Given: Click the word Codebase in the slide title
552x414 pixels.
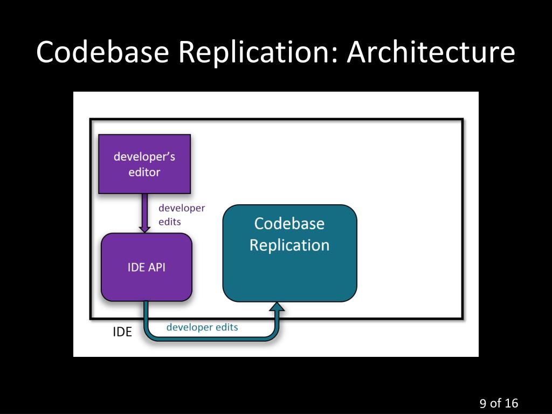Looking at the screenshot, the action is click(102, 52).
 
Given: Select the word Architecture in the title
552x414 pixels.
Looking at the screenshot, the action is click(431, 52).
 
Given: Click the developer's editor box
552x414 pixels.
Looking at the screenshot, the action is click(144, 164).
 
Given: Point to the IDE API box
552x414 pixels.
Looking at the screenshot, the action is click(147, 267).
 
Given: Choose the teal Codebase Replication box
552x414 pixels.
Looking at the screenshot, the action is click(289, 253).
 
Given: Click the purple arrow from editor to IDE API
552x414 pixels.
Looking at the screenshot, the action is click(144, 213).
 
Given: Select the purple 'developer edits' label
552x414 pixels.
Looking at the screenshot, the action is click(182, 215).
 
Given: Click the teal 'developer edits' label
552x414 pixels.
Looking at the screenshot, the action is click(202, 327).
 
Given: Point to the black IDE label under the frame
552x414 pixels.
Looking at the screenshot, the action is click(122, 332).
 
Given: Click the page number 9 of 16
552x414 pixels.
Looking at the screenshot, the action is click(499, 403).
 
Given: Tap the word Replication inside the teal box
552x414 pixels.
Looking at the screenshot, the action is click(289, 245).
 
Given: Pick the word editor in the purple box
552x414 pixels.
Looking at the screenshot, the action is click(144, 172).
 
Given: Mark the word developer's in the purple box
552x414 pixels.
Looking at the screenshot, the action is click(144, 157).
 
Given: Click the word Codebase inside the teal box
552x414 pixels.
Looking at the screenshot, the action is click(289, 224).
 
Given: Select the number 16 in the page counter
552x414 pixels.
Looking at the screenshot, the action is click(511, 403).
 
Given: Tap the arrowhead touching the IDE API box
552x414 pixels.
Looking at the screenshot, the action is click(144, 229).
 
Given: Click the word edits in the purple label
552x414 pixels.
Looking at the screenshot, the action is click(170, 222).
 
